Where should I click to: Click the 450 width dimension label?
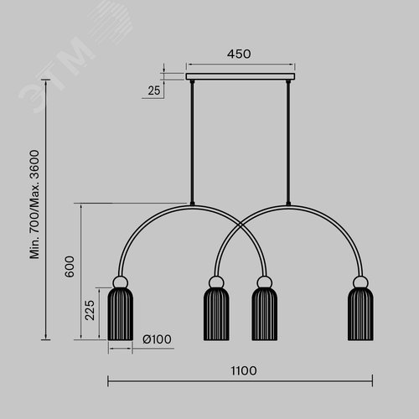tap(239, 54)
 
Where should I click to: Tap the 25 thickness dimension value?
tap(154, 91)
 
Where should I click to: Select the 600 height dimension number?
tap(70, 266)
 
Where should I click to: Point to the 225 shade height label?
tap(90, 310)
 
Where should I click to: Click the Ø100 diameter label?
tap(157, 339)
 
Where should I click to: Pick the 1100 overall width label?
tap(244, 371)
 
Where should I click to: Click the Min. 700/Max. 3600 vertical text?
tap(34, 204)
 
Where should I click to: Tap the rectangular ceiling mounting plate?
tap(241, 76)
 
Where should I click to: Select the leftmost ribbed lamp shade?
tap(121, 314)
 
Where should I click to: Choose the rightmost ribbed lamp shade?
tap(360, 314)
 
